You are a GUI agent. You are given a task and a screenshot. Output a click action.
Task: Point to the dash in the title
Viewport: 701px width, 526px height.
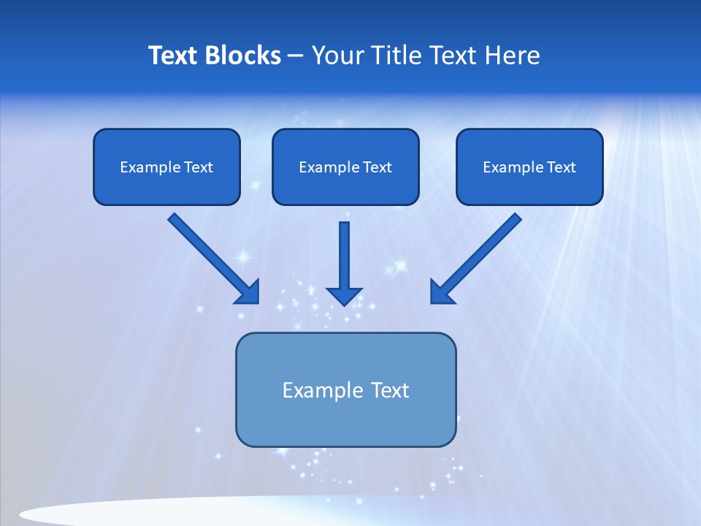pos(296,56)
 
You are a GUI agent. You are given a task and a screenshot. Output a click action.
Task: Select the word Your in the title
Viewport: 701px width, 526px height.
pos(337,56)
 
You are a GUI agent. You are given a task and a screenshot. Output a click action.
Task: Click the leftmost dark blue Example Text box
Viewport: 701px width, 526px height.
pos(166,167)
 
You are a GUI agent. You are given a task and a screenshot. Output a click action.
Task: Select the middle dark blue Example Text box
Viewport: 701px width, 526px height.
pos(345,167)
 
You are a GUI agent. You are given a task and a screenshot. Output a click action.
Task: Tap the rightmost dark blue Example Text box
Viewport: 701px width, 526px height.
pos(529,167)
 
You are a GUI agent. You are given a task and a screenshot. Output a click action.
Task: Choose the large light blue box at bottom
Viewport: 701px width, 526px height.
pos(345,424)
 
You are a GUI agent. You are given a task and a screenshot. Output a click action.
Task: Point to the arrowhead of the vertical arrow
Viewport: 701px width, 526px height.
pos(344,296)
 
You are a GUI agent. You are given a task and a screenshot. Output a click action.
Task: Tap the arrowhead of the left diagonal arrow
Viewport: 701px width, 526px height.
pos(248,292)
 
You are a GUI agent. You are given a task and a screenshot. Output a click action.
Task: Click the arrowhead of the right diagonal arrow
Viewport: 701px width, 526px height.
pos(442,292)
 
